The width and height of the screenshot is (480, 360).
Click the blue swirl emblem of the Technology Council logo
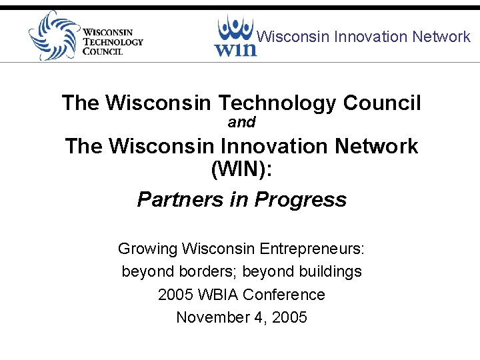[x=52, y=35]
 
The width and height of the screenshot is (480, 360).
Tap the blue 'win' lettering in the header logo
[x=235, y=47]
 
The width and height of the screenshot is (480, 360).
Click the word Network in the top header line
[x=441, y=37]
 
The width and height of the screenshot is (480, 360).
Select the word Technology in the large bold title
[x=277, y=103]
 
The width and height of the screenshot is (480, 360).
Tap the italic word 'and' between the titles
[x=241, y=123]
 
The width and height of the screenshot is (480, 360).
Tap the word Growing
[x=147, y=249]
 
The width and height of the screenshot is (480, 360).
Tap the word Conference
[x=284, y=295]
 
